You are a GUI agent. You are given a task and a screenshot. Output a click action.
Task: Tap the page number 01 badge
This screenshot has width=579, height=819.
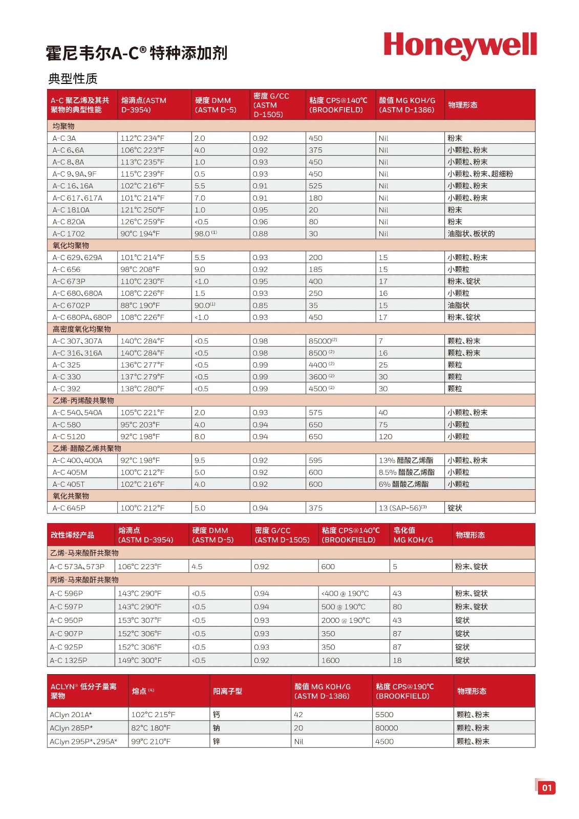(547, 787)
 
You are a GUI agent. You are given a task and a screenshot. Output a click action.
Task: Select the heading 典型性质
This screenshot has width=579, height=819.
(73, 79)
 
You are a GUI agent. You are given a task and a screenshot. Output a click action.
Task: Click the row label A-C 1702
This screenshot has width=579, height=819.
(69, 234)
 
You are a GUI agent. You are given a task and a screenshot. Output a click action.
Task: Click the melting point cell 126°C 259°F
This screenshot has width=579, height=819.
(142, 222)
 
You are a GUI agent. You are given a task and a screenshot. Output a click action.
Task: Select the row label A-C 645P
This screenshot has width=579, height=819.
(69, 508)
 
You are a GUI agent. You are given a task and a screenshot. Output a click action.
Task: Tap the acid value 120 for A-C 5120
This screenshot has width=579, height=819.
(385, 437)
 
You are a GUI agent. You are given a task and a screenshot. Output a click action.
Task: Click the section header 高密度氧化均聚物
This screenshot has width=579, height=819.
(82, 329)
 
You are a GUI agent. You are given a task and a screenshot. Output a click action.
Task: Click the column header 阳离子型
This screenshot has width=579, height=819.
(228, 691)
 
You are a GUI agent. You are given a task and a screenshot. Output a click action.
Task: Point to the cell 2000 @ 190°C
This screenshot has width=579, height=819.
(346, 620)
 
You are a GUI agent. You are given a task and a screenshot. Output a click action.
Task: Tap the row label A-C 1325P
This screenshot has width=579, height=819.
(69, 660)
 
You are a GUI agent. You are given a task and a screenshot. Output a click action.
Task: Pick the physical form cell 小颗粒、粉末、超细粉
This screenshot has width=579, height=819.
(480, 174)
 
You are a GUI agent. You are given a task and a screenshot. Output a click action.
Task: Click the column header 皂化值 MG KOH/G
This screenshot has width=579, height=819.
(413, 535)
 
